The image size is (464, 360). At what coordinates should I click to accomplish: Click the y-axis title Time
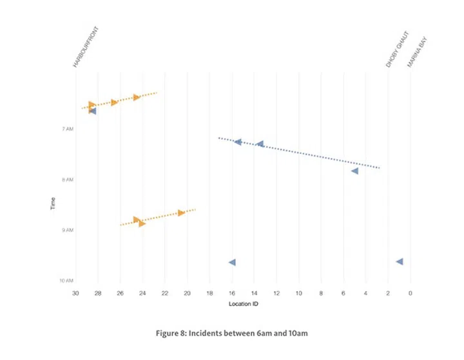click(x=52, y=204)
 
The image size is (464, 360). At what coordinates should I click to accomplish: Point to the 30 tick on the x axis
click(x=75, y=294)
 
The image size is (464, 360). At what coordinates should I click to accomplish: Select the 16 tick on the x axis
click(x=232, y=294)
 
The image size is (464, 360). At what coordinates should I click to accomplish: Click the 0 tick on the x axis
click(x=410, y=294)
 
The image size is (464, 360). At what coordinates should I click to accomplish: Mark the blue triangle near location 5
click(x=354, y=171)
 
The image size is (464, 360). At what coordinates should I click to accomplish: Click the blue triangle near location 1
click(x=400, y=261)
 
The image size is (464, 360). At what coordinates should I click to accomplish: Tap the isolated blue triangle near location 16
click(x=232, y=262)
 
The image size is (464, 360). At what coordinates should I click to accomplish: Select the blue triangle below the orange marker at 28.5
click(x=92, y=111)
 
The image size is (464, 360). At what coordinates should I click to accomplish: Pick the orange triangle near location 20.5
click(x=181, y=213)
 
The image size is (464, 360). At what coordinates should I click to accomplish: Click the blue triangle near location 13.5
click(x=260, y=144)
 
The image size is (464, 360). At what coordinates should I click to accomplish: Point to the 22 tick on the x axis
click(x=165, y=294)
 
